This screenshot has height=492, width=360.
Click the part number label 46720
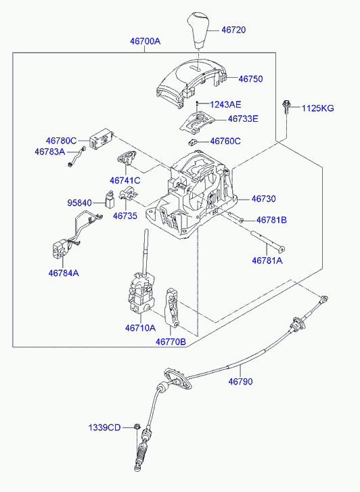pyautogui.click(x=233, y=30)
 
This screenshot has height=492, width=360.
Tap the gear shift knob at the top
pyautogui.click(x=198, y=30)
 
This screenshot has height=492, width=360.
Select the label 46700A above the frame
pyautogui.click(x=145, y=41)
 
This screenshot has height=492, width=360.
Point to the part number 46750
pyautogui.click(x=250, y=79)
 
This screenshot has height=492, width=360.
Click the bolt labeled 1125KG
pyautogui.click(x=286, y=108)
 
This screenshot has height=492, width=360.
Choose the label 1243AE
pyautogui.click(x=225, y=104)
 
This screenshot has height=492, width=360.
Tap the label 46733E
pyautogui.click(x=243, y=118)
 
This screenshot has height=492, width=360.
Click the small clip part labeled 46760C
pyautogui.click(x=192, y=142)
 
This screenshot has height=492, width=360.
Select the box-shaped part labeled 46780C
pyautogui.click(x=100, y=139)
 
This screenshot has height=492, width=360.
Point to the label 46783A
pyautogui.click(x=50, y=152)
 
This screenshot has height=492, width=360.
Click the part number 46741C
pyautogui.click(x=125, y=181)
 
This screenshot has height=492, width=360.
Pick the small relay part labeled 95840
pyautogui.click(x=109, y=199)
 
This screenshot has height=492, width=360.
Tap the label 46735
pyautogui.click(x=125, y=216)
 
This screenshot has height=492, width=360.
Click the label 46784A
pyautogui.click(x=64, y=273)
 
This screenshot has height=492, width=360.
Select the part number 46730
pyautogui.click(x=263, y=198)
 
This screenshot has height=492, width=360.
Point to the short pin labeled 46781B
pyautogui.click(x=235, y=217)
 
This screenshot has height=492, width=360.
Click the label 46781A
pyautogui.click(x=267, y=261)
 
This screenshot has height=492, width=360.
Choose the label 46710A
pyautogui.click(x=140, y=328)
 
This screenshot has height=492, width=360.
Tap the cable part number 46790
pyautogui.click(x=240, y=382)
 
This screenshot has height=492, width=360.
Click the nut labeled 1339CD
pyautogui.click(x=137, y=426)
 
